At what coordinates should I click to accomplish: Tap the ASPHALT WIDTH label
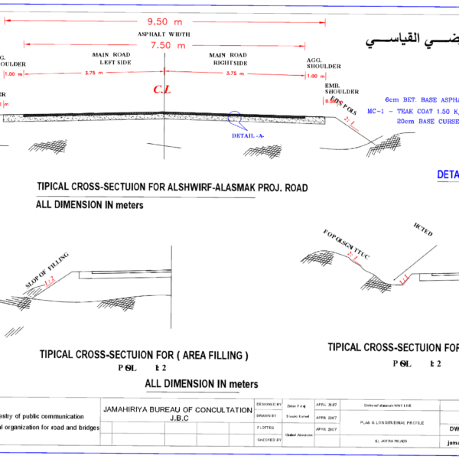coord(164,35)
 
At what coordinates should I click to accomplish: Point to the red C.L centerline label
coord(162,90)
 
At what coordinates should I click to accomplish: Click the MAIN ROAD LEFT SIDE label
coord(112,59)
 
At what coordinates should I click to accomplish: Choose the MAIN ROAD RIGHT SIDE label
coord(228,59)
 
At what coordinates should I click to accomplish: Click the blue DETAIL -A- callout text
coord(248,135)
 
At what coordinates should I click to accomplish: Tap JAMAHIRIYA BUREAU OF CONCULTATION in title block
coord(177,410)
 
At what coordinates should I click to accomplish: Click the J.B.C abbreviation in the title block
coord(178,418)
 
